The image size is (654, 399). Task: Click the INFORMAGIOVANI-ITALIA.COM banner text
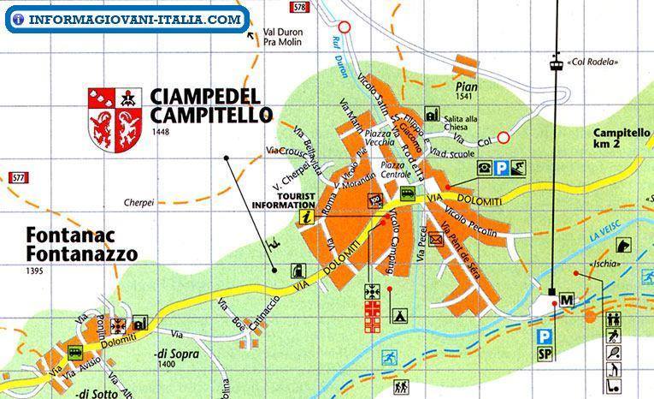click(128, 19)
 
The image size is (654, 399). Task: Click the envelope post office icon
click(436, 241)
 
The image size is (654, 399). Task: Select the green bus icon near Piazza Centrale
click(408, 194)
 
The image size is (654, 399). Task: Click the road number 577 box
click(18, 177)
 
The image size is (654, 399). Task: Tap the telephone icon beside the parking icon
click(485, 168)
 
